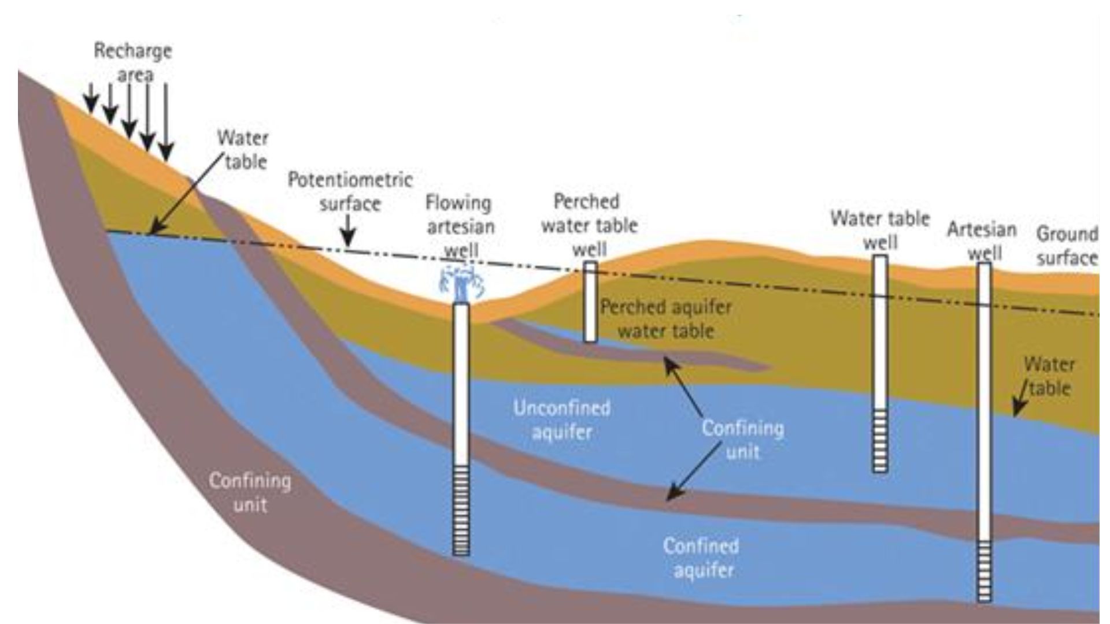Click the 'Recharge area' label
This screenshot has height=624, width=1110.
(x=133, y=62)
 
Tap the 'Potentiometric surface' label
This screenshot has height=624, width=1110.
(x=350, y=191)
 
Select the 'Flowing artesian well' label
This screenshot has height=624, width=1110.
(x=460, y=226)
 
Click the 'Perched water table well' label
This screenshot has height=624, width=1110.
(x=589, y=225)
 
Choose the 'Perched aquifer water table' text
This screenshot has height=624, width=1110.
(x=666, y=319)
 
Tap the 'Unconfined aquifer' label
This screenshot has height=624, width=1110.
(x=561, y=420)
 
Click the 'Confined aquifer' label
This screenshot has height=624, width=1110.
(x=701, y=558)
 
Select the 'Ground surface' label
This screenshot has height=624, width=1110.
(x=1067, y=246)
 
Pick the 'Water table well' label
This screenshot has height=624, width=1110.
(x=880, y=230)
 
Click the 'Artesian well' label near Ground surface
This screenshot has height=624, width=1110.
(x=982, y=241)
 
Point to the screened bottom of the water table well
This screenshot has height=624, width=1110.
(x=880, y=440)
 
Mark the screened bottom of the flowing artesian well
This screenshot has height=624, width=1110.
(x=461, y=510)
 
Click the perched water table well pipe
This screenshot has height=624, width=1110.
(x=590, y=302)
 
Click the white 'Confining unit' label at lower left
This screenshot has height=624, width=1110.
(x=250, y=493)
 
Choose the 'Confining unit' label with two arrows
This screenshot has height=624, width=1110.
(x=742, y=440)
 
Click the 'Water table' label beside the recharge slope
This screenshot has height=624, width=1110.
(x=243, y=150)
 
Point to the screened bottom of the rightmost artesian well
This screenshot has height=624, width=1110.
(x=984, y=571)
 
